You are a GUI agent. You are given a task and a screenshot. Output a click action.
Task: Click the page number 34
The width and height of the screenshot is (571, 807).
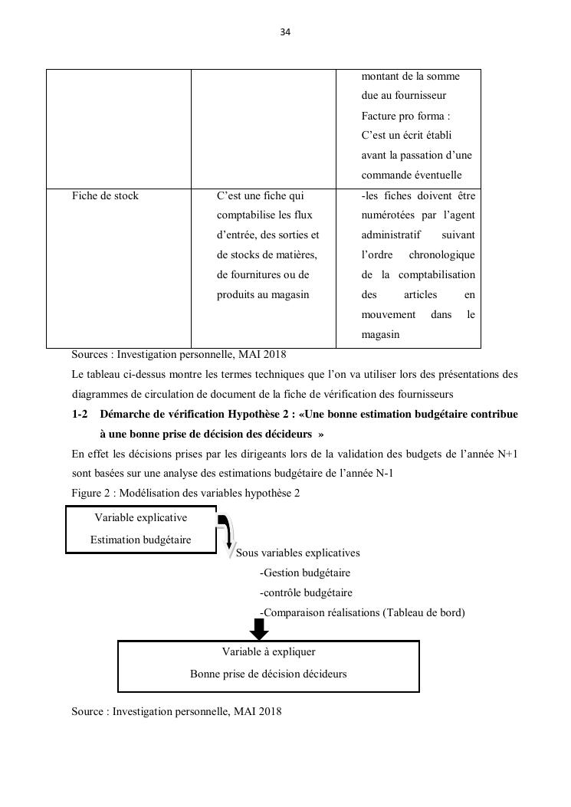[x=285, y=32]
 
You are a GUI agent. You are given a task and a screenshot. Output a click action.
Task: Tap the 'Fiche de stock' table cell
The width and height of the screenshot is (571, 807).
[x=105, y=195]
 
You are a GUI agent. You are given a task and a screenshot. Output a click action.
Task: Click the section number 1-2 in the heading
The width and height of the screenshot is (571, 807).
[x=80, y=414]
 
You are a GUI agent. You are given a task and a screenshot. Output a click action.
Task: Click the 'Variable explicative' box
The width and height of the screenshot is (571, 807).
[x=141, y=528]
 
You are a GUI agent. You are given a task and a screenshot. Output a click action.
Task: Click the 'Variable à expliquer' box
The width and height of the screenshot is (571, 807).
[x=268, y=666]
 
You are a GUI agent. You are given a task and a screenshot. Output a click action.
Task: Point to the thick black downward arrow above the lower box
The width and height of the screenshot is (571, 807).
[x=260, y=629]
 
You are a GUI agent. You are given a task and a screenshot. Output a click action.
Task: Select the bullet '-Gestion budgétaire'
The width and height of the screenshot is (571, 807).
[x=305, y=572]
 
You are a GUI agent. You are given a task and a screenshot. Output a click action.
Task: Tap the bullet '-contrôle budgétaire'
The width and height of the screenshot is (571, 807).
[x=307, y=592]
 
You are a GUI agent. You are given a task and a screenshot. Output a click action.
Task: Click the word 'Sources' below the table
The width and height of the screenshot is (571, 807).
[x=91, y=355]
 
